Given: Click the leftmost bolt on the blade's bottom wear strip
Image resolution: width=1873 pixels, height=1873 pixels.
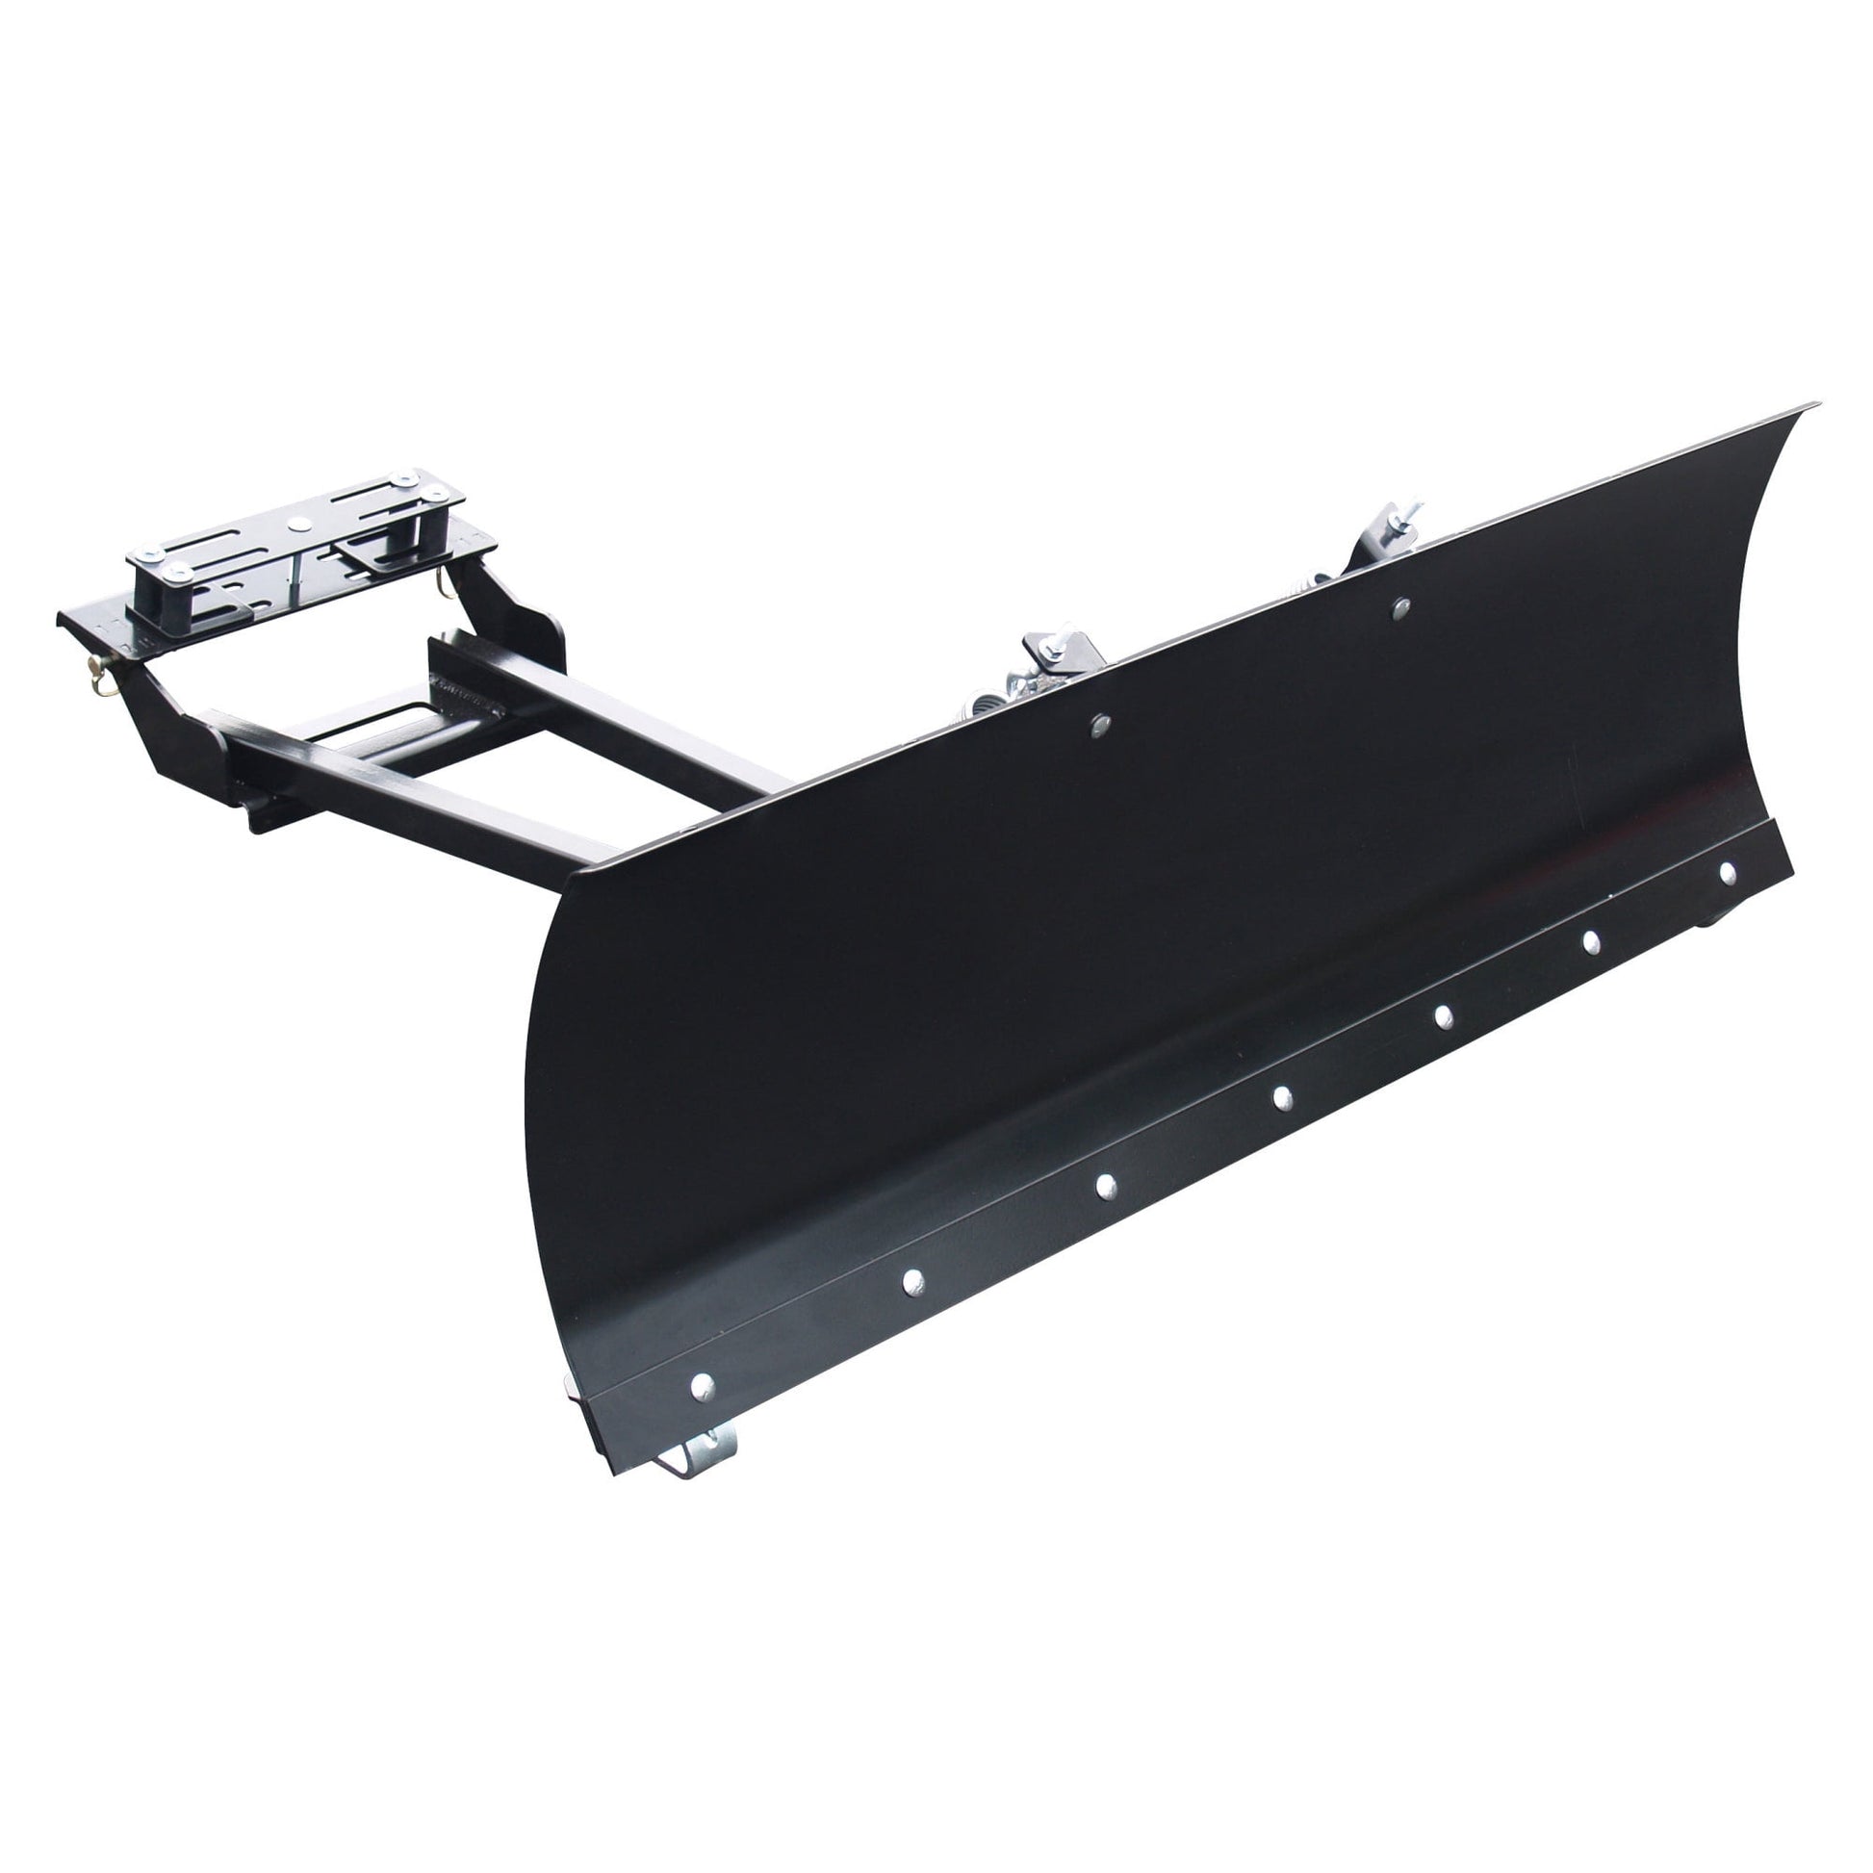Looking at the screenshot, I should pyautogui.click(x=702, y=1387).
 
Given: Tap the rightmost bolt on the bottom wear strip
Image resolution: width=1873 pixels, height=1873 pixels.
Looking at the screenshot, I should pyautogui.click(x=1727, y=874).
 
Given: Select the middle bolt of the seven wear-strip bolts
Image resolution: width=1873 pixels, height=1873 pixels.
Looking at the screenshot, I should pyautogui.click(x=1282, y=1097).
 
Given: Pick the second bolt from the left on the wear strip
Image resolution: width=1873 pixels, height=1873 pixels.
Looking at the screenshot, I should pyautogui.click(x=912, y=1283).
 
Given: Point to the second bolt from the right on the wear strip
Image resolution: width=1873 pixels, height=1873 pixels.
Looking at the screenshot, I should pyautogui.click(x=1591, y=941).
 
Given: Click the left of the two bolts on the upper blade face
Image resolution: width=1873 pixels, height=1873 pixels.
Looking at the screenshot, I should pyautogui.click(x=1100, y=725).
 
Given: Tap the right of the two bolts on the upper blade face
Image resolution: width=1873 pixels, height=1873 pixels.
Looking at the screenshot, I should pyautogui.click(x=1399, y=609).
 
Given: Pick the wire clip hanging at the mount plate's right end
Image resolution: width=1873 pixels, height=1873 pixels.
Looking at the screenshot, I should pyautogui.click(x=443, y=584).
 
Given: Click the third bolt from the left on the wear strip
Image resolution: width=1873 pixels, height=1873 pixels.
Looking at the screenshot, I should pyautogui.click(x=1105, y=1186).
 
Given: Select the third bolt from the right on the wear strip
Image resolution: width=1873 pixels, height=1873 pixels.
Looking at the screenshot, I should pyautogui.click(x=1443, y=1016).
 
